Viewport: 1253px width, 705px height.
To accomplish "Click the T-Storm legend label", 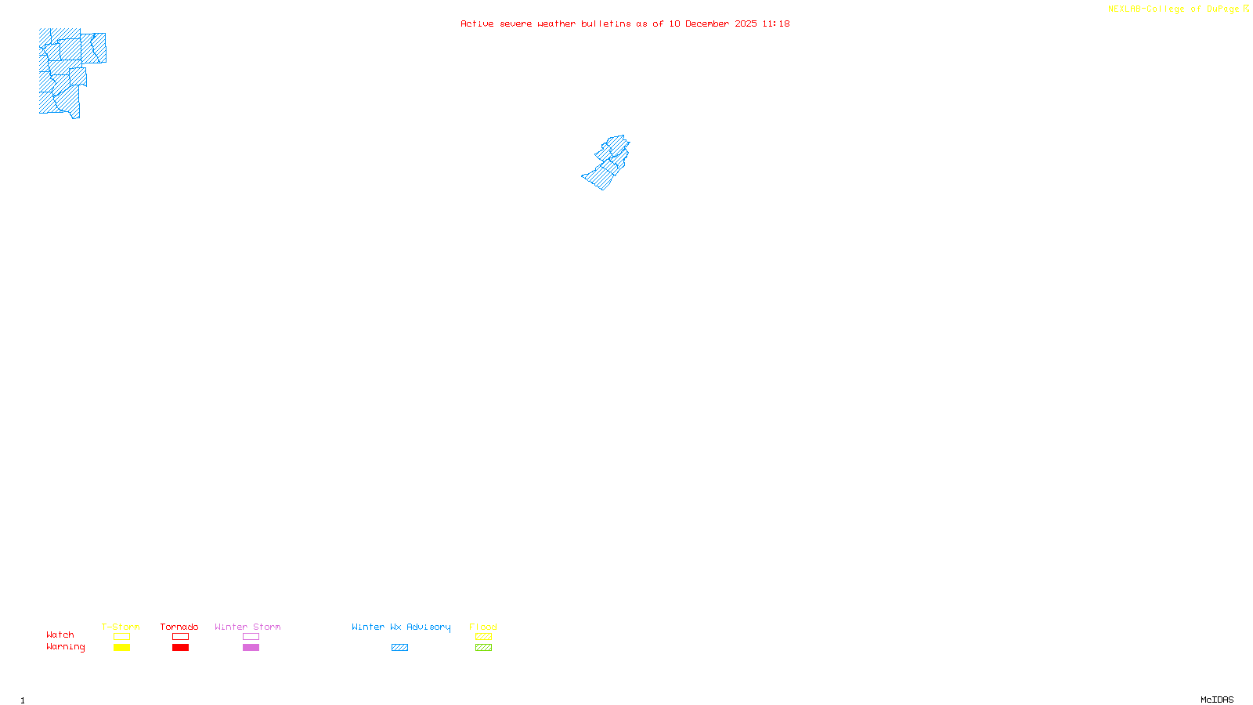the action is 121,627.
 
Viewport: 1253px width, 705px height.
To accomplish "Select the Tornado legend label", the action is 179,627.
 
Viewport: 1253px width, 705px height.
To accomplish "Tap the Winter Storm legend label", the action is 247,627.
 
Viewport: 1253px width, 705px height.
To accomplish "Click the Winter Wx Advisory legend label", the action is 401,627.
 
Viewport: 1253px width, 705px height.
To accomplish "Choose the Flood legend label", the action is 483,627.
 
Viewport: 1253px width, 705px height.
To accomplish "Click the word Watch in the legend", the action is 60,634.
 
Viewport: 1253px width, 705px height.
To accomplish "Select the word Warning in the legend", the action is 66,647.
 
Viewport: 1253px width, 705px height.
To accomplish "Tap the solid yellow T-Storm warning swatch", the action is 121,648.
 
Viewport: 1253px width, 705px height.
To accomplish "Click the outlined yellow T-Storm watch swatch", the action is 121,637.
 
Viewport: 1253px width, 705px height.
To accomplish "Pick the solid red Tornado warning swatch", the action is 180,648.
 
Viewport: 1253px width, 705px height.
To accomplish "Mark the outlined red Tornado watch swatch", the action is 180,637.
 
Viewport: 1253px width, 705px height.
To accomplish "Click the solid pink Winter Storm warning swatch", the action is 251,648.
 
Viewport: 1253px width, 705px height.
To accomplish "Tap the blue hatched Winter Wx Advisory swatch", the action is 399,648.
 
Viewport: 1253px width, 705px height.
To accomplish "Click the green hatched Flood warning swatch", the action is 483,648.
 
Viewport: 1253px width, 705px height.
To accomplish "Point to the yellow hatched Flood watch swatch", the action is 483,637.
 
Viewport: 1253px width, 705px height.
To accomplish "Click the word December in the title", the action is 707,23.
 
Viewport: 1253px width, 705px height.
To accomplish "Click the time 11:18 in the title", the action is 776,23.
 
